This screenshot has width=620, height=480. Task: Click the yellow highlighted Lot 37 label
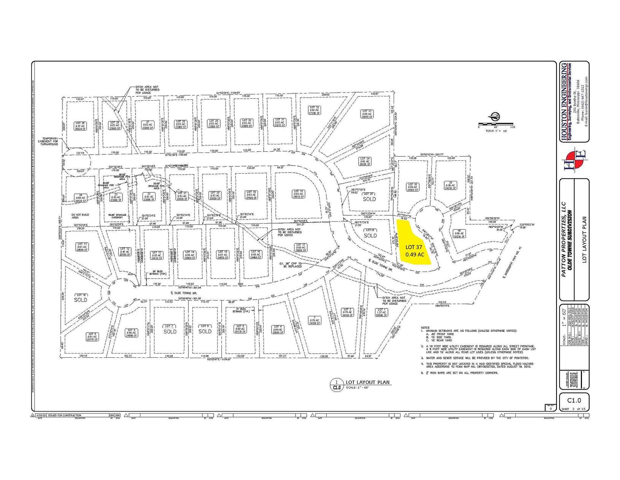click(x=414, y=251)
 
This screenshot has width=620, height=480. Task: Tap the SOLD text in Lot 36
click(x=370, y=235)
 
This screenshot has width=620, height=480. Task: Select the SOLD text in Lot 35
click(x=369, y=199)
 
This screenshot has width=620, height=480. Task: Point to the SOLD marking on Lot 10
click(x=80, y=299)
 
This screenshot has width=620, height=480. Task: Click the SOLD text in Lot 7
click(x=170, y=331)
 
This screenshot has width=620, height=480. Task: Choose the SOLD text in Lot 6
click(x=205, y=331)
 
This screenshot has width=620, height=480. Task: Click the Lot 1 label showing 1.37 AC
click(x=381, y=313)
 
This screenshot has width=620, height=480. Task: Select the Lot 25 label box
click(x=80, y=126)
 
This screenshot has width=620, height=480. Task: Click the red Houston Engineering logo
click(x=574, y=160)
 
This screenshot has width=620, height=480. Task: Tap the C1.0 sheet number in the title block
click(x=574, y=400)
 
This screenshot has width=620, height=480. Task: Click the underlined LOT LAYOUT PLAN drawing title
click(x=367, y=382)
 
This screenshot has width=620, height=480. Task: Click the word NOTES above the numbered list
click(x=425, y=328)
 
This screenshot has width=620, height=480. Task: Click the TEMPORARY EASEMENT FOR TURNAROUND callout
click(x=50, y=141)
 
